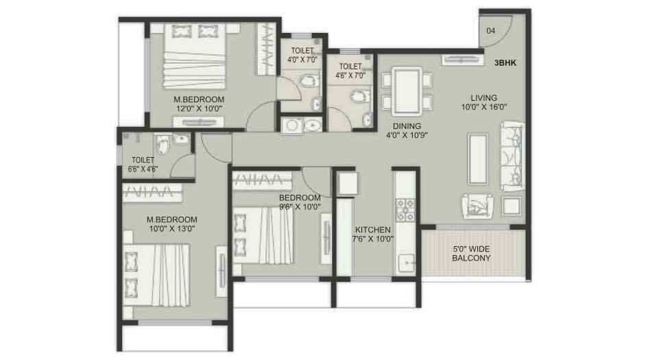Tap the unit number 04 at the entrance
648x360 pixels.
point(491,31)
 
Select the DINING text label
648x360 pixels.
point(407,126)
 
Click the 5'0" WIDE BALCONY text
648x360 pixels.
point(471,254)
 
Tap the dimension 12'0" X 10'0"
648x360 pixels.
point(199,108)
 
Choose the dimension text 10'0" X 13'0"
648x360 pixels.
point(171,229)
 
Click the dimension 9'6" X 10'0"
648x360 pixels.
point(300,206)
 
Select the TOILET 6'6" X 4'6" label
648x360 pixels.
point(144,165)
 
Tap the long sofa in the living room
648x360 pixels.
point(512,156)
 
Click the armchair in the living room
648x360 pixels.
point(477,205)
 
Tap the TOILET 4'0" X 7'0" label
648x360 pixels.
point(302,56)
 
